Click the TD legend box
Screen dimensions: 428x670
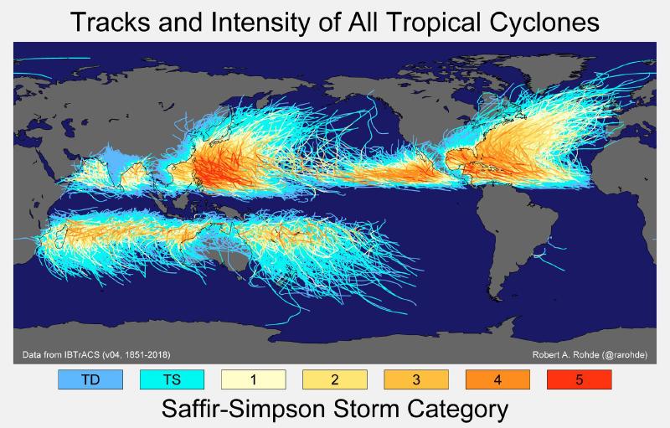tap(90, 379)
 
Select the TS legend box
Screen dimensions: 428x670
tap(172, 379)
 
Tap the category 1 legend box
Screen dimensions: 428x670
tap(253, 379)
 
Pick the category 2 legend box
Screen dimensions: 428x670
tap(334, 379)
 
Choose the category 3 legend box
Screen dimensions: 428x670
tap(416, 379)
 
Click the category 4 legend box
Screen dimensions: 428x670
tap(497, 379)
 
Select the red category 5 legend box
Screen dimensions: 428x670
tap(579, 379)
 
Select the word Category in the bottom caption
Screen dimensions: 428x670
tap(451, 411)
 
